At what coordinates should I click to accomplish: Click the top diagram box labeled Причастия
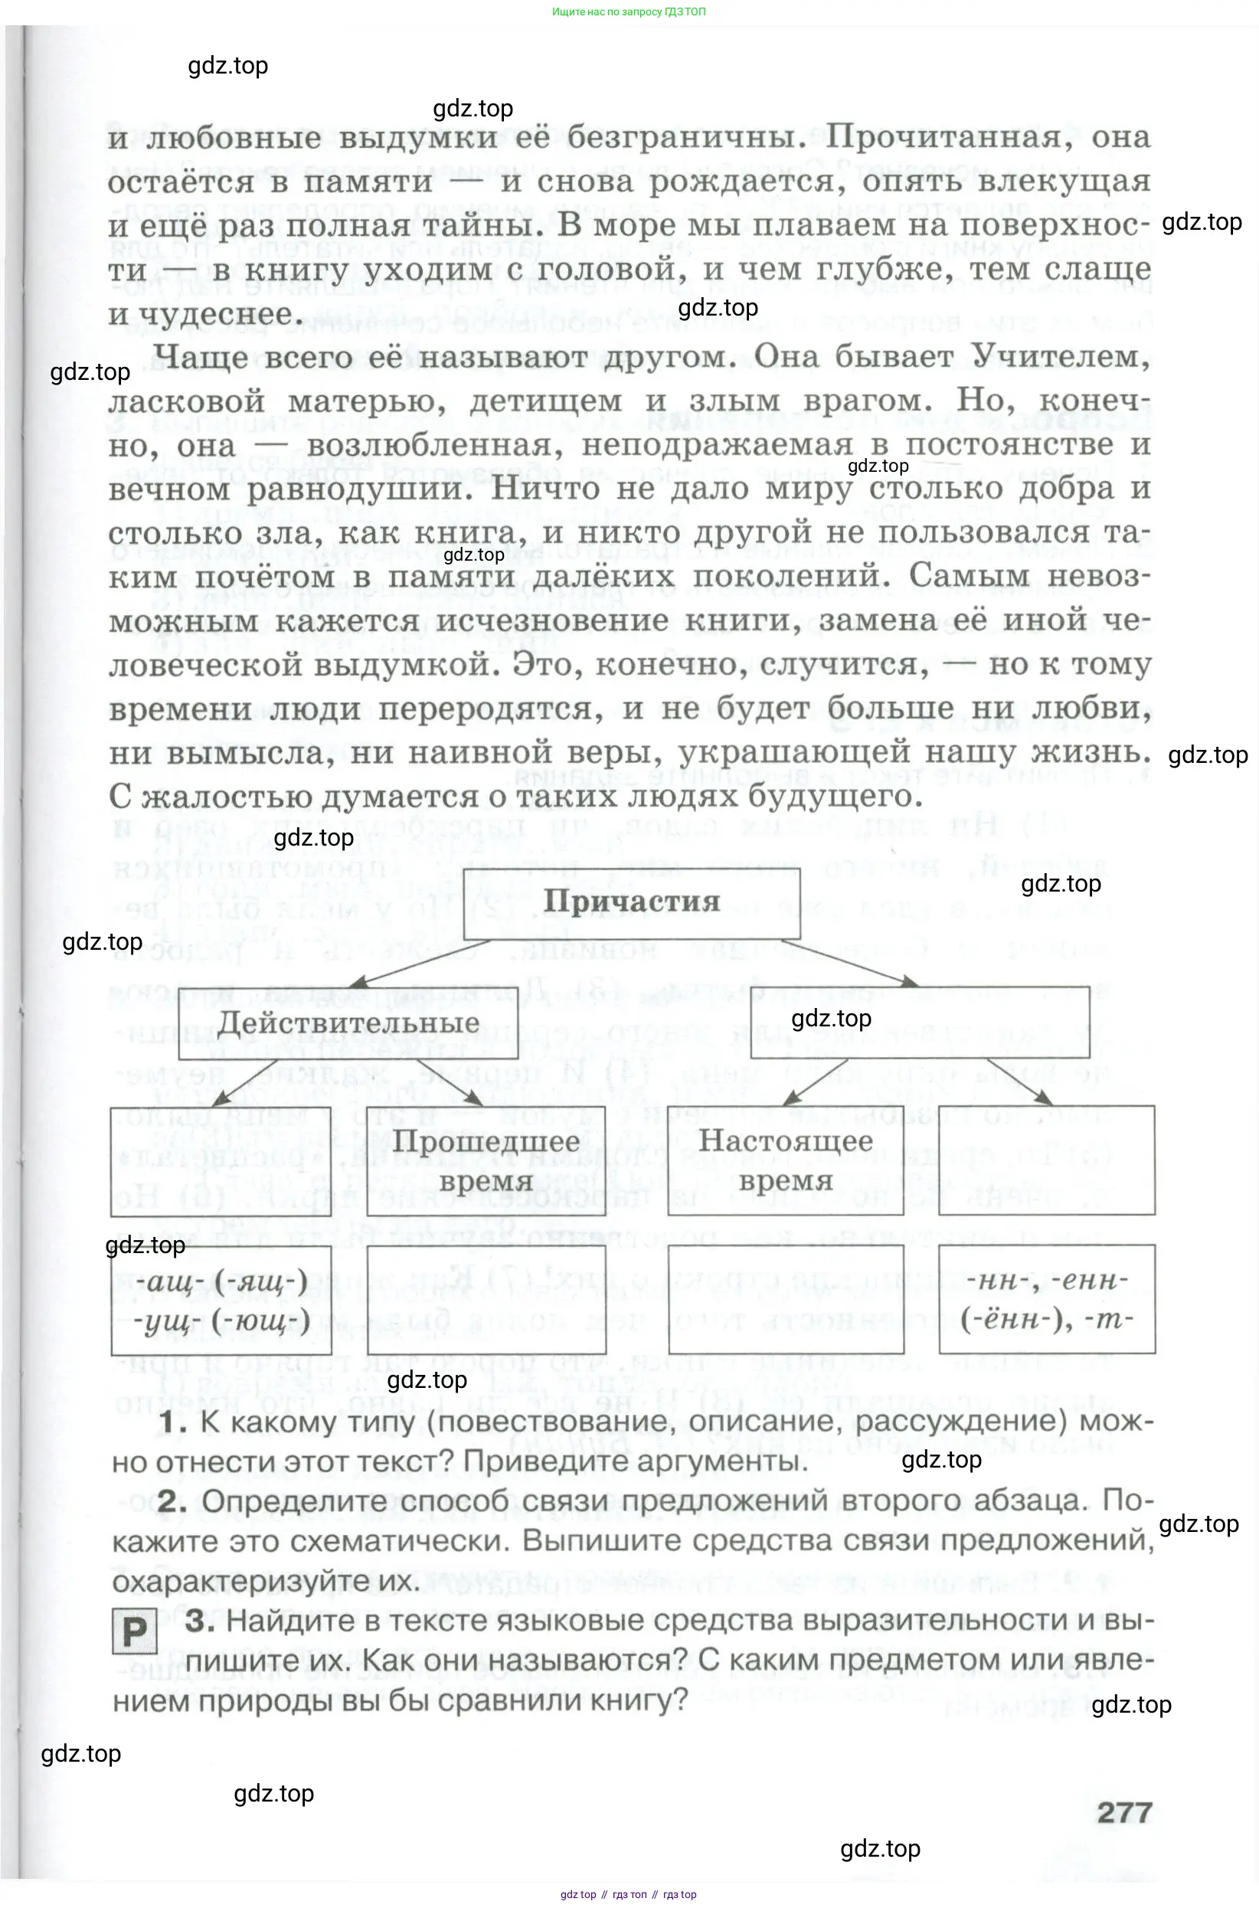632,902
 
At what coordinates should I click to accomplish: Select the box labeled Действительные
348,1023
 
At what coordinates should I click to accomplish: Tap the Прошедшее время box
486,1160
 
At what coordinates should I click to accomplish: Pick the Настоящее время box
785,1160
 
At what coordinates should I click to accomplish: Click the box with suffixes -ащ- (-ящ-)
221,1300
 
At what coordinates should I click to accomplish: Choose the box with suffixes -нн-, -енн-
1046,1300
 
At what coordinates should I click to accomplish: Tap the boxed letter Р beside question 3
134,1631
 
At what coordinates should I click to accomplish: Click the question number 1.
172,1422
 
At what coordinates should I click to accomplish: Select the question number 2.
172,1501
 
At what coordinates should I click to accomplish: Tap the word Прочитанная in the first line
949,136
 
